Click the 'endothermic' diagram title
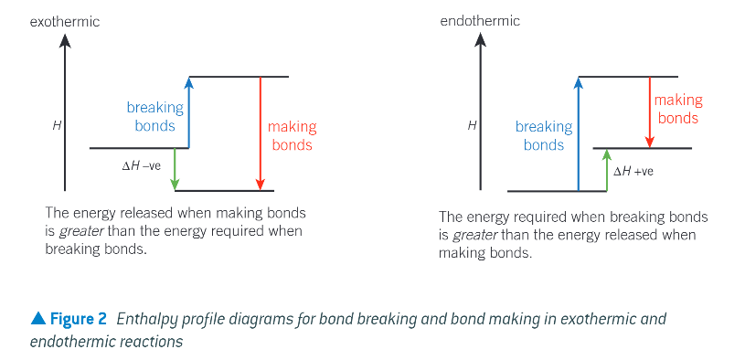[480, 20]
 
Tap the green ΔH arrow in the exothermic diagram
[175, 169]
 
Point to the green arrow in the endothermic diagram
[607, 170]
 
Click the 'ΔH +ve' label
[633, 171]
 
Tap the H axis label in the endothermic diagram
[472, 125]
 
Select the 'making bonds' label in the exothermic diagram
[292, 136]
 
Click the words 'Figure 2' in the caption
[78, 319]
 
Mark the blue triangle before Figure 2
[37, 318]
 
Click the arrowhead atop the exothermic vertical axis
[64, 39]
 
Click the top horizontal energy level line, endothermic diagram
[628, 77]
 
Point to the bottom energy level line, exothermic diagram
[224, 191]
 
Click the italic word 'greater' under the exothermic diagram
[76, 231]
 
